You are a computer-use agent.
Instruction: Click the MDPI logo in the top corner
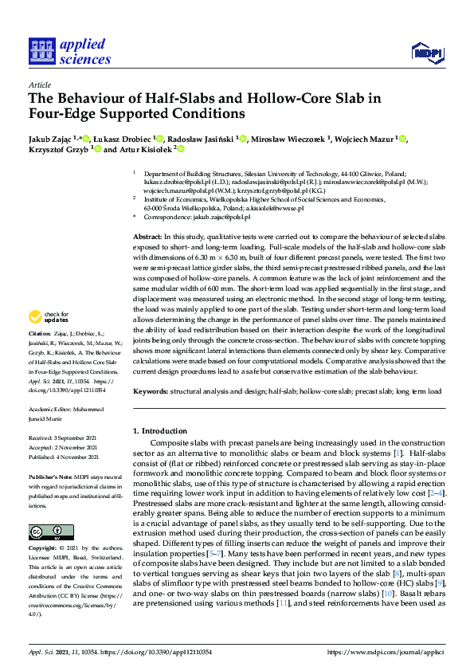click(425, 53)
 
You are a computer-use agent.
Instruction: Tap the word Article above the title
click(39, 84)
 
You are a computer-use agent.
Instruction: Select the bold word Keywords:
click(151, 391)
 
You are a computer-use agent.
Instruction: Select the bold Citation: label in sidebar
click(40, 354)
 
